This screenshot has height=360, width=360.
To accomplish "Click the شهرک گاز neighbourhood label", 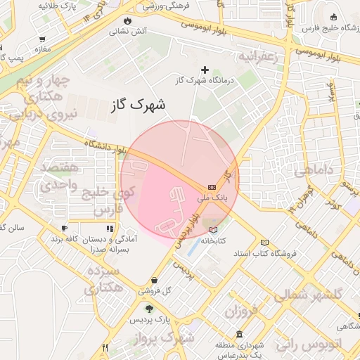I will pyautogui.click(x=139, y=106).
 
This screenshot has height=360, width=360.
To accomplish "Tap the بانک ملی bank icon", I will pyautogui.click(x=212, y=187).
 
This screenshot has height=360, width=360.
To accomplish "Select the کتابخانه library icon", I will pyautogui.click(x=214, y=229).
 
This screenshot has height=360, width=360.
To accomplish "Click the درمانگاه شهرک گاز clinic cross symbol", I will pyautogui.click(x=205, y=70).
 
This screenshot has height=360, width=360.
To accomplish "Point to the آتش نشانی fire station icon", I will pyautogui.click(x=127, y=20).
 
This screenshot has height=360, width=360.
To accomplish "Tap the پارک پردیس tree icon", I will pyautogui.click(x=148, y=308).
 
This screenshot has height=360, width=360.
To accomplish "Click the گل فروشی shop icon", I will pyautogui.click(x=154, y=279).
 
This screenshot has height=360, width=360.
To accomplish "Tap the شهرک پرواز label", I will pyautogui.click(x=167, y=339).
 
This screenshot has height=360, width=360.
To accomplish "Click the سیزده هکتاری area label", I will pyautogui.click(x=101, y=279).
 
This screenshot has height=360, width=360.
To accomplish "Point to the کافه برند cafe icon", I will pyautogui.click(x=64, y=229).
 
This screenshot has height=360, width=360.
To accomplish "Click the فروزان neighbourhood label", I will pyautogui.click(x=245, y=310).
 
